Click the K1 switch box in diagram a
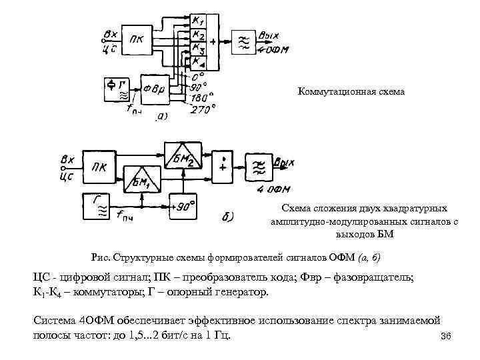tap(199, 21)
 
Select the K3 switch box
tap(199, 49)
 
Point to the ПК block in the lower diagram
tap(100, 166)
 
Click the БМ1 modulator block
tap(142, 179)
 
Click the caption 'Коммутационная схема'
tap(351, 91)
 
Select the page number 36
tap(447, 337)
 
